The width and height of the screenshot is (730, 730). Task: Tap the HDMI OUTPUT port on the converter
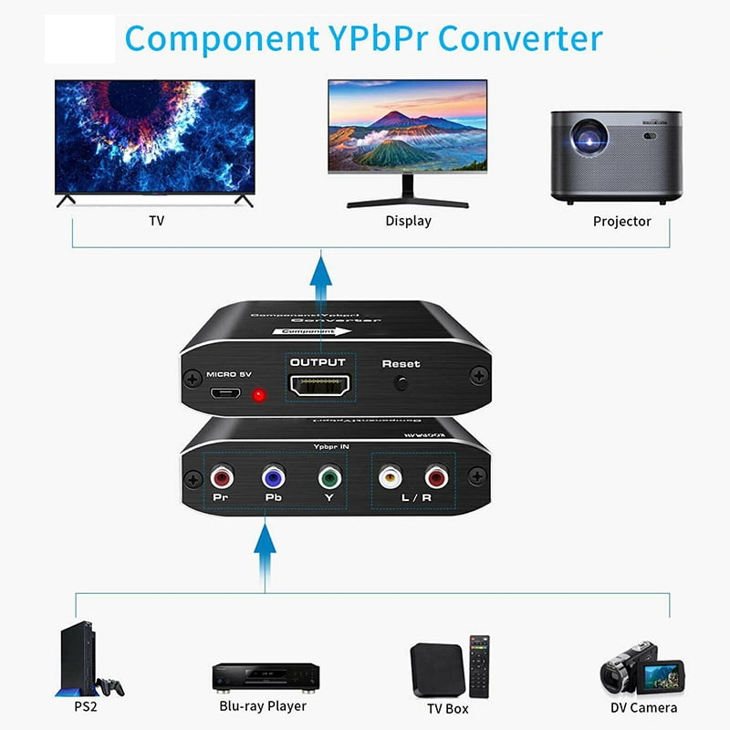pos(318,386)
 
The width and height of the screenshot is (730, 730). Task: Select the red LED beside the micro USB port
pos(258,396)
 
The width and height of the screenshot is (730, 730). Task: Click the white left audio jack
pos(390,475)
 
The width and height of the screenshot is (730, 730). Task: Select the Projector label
pos(621,221)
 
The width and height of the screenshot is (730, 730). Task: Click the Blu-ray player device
pos(266,676)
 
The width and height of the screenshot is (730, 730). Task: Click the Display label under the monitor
pos(408,221)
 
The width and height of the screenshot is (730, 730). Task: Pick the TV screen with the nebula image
pos(155,137)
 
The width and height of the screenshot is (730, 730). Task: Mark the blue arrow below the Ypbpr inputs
pos(265,553)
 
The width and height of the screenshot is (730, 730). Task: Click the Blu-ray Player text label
pos(263,705)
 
